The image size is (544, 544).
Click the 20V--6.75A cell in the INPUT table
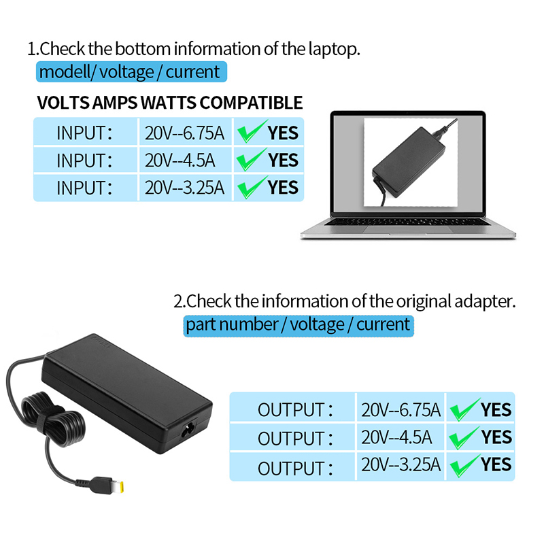185,133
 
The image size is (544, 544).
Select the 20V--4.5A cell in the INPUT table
185,160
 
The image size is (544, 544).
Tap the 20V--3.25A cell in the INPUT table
185,188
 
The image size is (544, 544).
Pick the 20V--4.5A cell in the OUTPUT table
401,437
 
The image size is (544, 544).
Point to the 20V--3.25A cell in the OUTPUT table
401,464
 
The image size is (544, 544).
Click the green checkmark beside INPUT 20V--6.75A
252,131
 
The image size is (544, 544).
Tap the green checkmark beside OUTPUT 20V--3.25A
464,466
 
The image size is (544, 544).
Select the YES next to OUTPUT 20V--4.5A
496,437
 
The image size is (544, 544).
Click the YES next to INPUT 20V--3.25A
283,188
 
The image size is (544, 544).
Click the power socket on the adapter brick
188,430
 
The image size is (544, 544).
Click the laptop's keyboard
407,222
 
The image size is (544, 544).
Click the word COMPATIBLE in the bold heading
251,103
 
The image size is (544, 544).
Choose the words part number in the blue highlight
232,325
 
